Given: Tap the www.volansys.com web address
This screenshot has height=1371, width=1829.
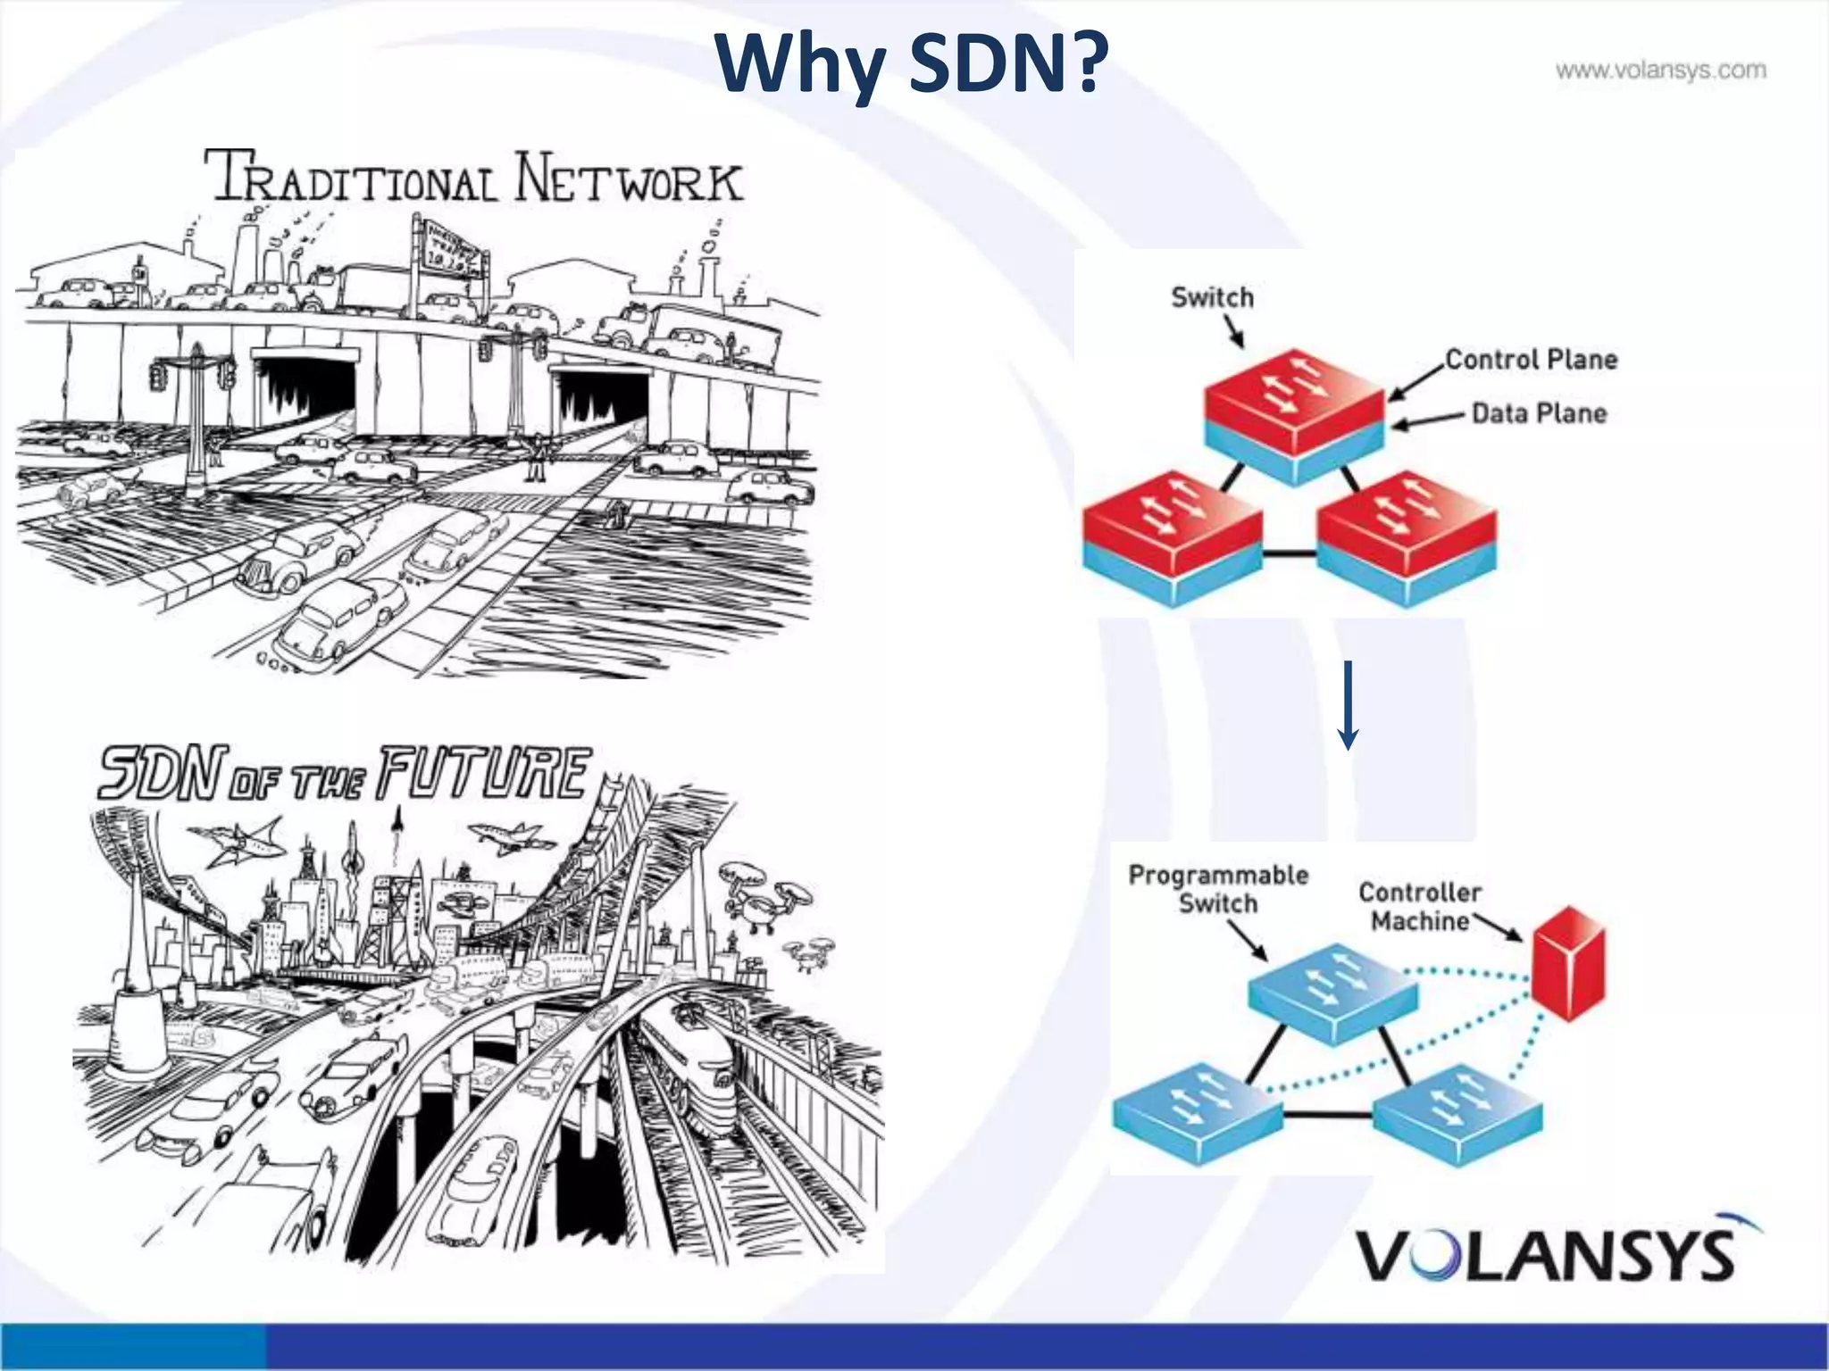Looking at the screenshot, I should [1660, 71].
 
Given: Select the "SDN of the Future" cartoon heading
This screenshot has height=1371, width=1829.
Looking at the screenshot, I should [345, 773].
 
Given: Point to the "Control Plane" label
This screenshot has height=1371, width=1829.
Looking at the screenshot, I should [1531, 360].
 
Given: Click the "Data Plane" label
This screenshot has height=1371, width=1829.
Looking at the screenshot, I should [1539, 413].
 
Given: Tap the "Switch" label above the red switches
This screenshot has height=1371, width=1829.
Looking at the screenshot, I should [1212, 297].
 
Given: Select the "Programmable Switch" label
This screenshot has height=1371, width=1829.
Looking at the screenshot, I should [1218, 889].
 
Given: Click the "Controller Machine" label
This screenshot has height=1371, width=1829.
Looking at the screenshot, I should [1420, 906].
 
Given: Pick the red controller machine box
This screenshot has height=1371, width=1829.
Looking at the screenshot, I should [1569, 962].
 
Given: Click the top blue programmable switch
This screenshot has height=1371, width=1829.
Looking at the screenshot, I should [1332, 992].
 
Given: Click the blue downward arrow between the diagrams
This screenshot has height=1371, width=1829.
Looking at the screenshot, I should [1349, 705].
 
